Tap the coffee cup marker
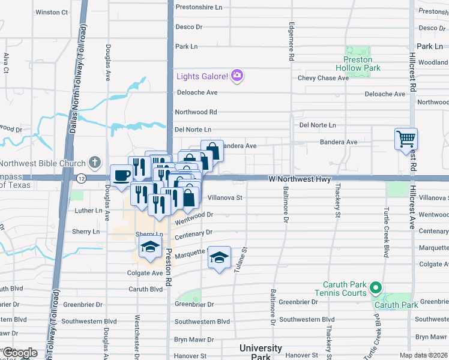click(x=122, y=175)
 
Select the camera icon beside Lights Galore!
click(x=238, y=76)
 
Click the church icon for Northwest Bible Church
click(x=95, y=163)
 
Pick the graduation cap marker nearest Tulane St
click(x=220, y=258)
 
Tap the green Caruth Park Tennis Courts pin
click(x=376, y=288)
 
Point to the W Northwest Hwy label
click(x=300, y=179)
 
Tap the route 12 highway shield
click(x=81, y=178)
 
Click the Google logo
click(x=20, y=353)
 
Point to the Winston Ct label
click(x=52, y=12)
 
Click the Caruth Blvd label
click(x=146, y=289)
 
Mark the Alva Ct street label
click(x=6, y=63)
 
